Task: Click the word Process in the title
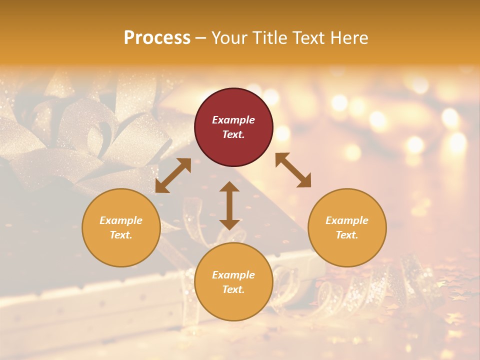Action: click(x=157, y=38)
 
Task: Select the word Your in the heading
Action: click(x=228, y=38)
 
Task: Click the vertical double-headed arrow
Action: click(x=229, y=205)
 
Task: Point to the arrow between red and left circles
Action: click(x=173, y=175)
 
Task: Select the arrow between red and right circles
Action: click(x=293, y=170)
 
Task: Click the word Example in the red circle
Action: click(x=233, y=120)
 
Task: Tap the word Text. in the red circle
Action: click(x=233, y=135)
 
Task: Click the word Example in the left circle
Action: click(x=121, y=220)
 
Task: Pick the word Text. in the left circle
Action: click(x=121, y=235)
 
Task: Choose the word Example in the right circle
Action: click(x=347, y=220)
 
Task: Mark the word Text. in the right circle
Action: click(x=347, y=235)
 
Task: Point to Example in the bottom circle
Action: click(x=233, y=275)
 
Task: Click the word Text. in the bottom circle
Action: click(x=233, y=289)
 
